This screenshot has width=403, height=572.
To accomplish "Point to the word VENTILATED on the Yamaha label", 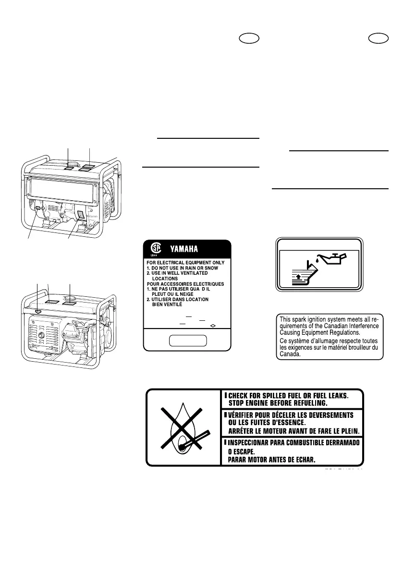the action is coord(191,273).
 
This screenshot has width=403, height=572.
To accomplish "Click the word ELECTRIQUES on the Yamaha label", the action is coord(210,284).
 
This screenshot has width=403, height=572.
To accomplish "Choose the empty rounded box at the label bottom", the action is coord(188,341).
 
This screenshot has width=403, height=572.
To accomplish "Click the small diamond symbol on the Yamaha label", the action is coord(213,325).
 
